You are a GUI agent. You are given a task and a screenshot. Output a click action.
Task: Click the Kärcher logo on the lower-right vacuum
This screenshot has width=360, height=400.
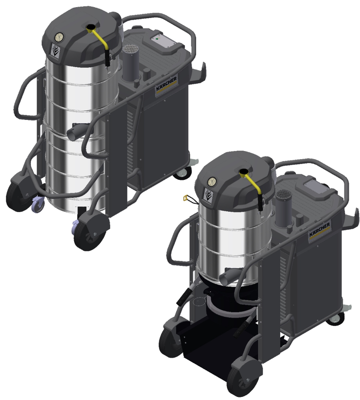coord(319,230)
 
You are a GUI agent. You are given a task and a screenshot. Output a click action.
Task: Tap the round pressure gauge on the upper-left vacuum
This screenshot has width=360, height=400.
coord(59,37)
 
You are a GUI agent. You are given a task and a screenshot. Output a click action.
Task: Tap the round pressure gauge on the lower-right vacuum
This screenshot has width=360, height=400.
coord(212,182)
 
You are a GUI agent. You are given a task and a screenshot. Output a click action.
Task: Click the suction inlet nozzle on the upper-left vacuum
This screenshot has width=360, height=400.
coord(77,131)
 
